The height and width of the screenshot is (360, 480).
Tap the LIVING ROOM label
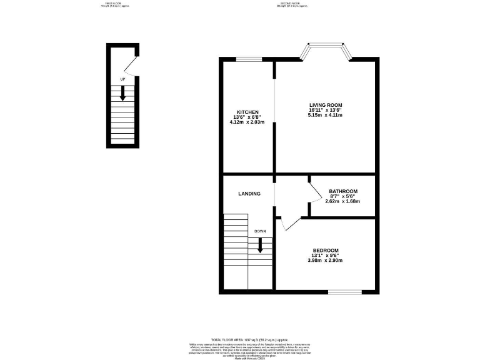click(x=325, y=104)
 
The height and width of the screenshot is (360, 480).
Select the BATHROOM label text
click(x=344, y=191)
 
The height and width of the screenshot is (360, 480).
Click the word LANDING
click(x=249, y=194)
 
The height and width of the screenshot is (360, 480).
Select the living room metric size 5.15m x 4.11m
click(x=325, y=115)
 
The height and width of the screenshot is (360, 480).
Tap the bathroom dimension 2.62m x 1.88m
click(x=344, y=201)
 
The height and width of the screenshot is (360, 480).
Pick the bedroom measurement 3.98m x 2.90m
click(x=325, y=260)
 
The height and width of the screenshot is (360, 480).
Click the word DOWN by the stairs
click(x=260, y=231)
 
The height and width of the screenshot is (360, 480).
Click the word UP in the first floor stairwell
click(x=122, y=79)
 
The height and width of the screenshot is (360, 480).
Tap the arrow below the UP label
click(x=122, y=92)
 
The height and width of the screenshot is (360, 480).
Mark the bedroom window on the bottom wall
click(x=345, y=291)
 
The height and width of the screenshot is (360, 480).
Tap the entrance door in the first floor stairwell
click(x=129, y=64)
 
